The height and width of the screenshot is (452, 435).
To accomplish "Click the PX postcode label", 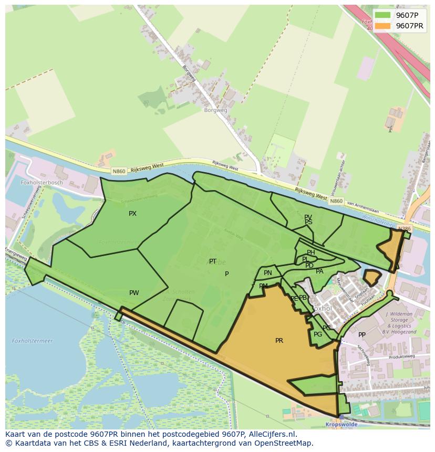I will tap(132, 214).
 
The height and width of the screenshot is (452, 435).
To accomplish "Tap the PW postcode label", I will tap(134, 293).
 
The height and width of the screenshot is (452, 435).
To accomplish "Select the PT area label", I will tap(213, 261).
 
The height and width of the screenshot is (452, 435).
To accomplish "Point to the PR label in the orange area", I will tap(279, 341).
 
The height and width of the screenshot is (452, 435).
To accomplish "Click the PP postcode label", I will tap(362, 335).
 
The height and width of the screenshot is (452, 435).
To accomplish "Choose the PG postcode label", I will tap(318, 334).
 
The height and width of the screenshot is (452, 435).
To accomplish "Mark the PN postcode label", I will tap(268, 273).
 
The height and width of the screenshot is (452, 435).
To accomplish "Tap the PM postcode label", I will tap(263, 286).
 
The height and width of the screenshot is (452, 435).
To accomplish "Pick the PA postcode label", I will tap(319, 271).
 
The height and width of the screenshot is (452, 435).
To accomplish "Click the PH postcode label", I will tap(311, 253).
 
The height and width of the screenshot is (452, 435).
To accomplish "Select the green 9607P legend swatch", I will tap(382, 15).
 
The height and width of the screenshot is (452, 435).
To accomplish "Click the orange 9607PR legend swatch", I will tap(382, 26).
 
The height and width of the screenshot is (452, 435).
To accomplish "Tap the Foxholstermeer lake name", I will tap(33, 341).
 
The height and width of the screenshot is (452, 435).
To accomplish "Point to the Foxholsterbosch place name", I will tap(42, 183).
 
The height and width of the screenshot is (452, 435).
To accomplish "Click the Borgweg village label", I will tap(215, 110).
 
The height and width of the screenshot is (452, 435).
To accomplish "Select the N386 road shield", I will tap(404, 229).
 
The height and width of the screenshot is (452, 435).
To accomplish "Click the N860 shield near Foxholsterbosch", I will tap(118, 171).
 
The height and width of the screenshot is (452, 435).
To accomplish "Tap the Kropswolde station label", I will tap(341, 424).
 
